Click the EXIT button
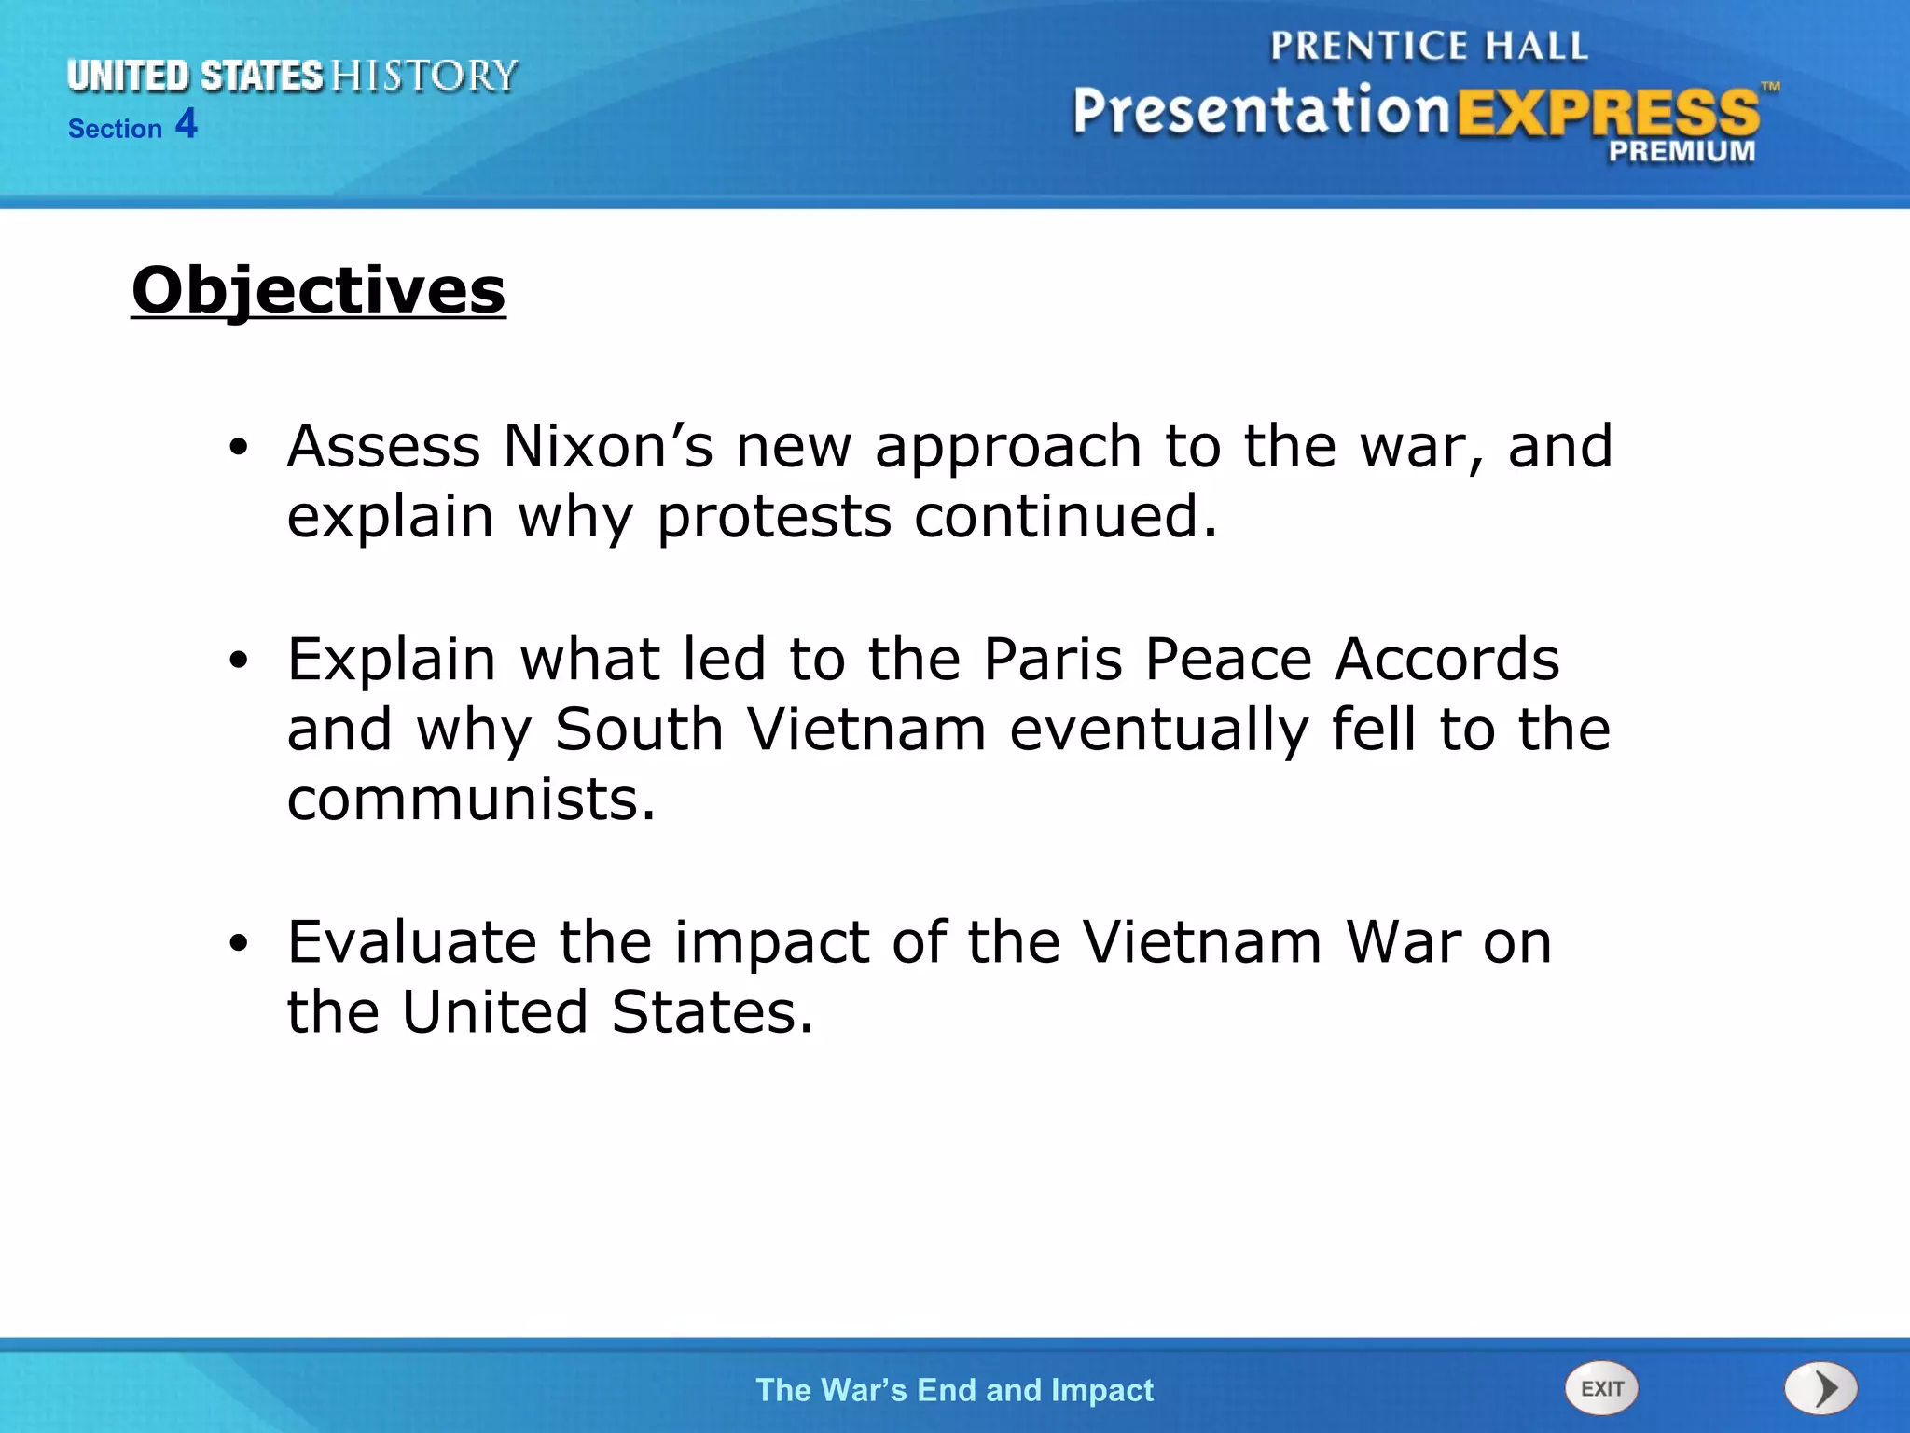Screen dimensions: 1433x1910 click(1601, 1388)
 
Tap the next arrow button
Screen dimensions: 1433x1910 click(1820, 1388)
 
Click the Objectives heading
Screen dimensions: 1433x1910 click(318, 290)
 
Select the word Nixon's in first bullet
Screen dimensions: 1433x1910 click(608, 446)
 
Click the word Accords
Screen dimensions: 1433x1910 click(1446, 660)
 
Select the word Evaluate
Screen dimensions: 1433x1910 click(411, 941)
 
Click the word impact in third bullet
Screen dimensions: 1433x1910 click(772, 941)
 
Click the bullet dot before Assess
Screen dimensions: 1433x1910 click(239, 449)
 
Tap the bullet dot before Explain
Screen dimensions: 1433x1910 click(239, 661)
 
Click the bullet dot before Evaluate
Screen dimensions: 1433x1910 click(239, 944)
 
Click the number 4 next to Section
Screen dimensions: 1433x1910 click(187, 124)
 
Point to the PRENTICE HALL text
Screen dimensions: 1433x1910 click(1428, 46)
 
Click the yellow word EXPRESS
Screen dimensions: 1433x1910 click(1608, 113)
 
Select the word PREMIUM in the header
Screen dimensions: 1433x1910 click(1682, 151)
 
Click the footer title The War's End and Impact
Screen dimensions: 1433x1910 click(954, 1390)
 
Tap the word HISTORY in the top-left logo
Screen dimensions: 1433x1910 click(424, 76)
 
